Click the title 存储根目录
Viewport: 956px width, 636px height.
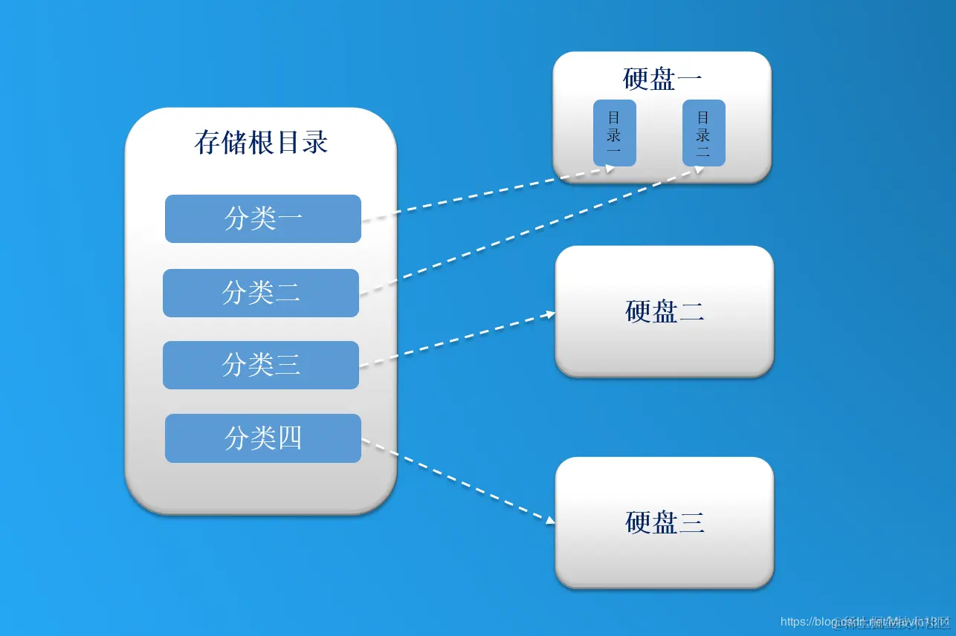tap(261, 142)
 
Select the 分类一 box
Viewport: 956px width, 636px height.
tap(262, 218)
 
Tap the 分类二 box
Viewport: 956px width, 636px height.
tap(261, 293)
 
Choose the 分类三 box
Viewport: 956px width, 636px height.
tap(261, 365)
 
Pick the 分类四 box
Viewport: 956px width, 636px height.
tap(262, 438)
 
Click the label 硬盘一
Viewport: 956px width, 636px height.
tap(662, 79)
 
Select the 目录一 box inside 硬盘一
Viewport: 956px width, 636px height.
tap(614, 133)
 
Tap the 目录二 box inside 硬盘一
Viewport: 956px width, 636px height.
tap(703, 133)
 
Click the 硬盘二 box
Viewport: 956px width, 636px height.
tap(664, 311)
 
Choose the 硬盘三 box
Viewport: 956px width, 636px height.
tap(664, 522)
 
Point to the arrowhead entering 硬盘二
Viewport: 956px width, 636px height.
tap(551, 314)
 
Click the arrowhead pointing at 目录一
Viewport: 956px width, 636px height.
tap(610, 169)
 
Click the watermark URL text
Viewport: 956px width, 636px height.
tap(862, 622)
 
